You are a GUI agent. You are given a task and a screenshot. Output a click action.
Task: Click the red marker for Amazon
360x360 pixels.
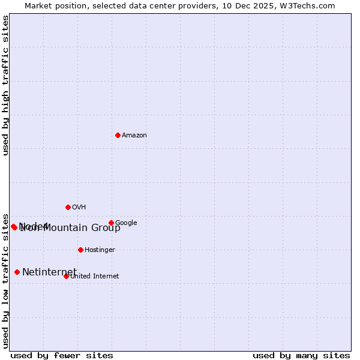click(x=118, y=135)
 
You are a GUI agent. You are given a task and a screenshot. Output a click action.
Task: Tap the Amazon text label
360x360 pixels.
click(x=134, y=136)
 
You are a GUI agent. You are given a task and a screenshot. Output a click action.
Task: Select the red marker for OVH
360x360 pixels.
click(x=68, y=207)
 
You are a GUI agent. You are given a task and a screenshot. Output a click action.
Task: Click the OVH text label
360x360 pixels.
click(x=79, y=208)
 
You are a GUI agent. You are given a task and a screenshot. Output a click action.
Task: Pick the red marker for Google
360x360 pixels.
click(x=111, y=223)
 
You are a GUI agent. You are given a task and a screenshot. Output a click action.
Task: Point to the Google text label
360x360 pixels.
click(x=126, y=223)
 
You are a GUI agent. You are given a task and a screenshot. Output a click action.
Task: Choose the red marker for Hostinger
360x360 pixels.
click(x=80, y=250)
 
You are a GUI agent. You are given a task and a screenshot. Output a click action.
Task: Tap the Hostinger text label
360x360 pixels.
click(x=100, y=250)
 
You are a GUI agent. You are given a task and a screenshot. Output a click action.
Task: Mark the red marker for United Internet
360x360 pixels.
click(x=66, y=276)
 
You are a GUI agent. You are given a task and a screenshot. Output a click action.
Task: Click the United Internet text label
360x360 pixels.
click(x=94, y=277)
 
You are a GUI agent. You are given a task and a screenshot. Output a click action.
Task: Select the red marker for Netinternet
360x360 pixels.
click(x=17, y=272)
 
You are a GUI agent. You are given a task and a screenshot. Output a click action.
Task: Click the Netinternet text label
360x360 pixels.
click(x=49, y=272)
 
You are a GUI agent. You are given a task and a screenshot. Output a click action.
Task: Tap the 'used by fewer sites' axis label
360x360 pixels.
click(x=62, y=355)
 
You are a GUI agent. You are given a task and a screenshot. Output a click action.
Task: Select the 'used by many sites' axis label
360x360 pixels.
click(x=301, y=355)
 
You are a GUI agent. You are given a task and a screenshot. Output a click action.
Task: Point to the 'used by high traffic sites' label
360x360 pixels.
click(x=5, y=85)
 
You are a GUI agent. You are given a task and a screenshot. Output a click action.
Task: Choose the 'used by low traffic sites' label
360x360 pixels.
click(x=5, y=280)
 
